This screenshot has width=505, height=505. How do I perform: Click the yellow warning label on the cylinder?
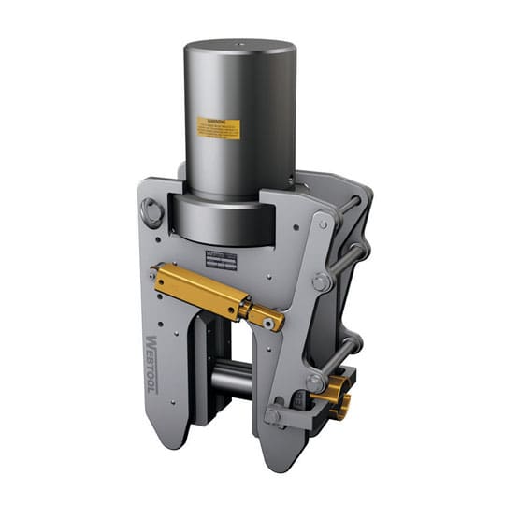pyautogui.click(x=218, y=128)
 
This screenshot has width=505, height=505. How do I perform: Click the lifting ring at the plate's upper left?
pyautogui.click(x=151, y=214)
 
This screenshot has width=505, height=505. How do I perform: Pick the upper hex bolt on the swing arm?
pyautogui.click(x=321, y=281)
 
